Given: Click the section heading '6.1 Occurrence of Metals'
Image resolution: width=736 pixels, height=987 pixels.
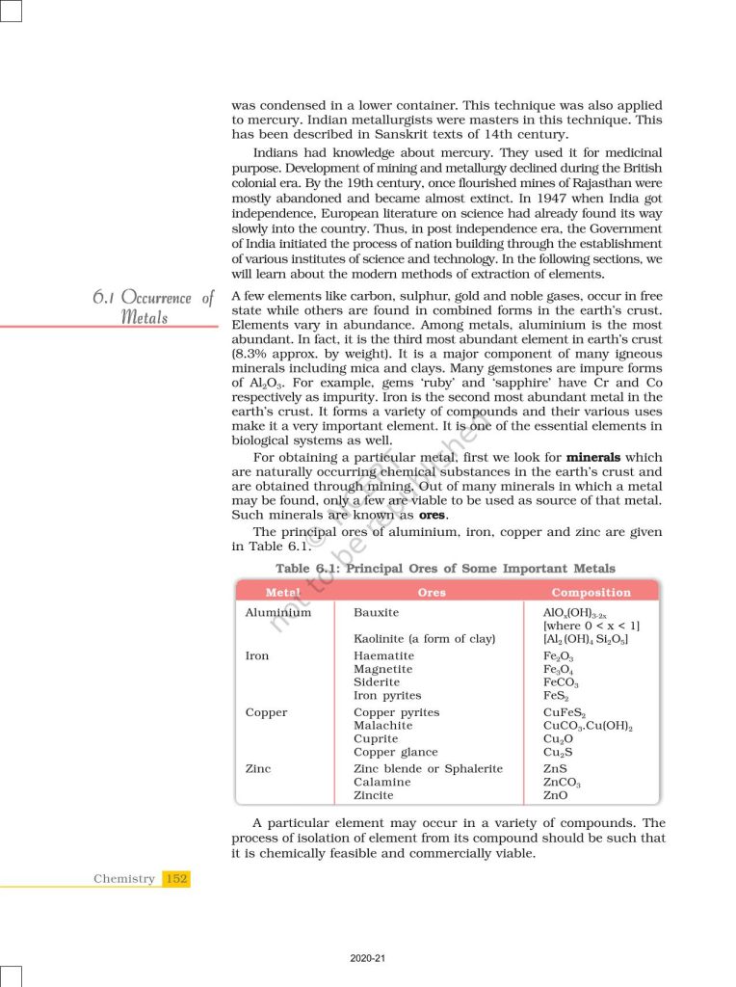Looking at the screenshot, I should [152, 307].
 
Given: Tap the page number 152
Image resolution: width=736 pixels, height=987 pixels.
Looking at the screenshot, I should [176, 878].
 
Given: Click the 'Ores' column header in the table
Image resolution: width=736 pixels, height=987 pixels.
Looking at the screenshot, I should [432, 592].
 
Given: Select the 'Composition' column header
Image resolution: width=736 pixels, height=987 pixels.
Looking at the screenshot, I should [591, 592].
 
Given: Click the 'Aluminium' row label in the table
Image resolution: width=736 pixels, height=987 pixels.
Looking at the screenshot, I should [278, 612].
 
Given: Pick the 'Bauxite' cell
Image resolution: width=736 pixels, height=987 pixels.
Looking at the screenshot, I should [376, 612].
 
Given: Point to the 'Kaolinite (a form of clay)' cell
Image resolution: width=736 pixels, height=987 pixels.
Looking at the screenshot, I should [424, 638].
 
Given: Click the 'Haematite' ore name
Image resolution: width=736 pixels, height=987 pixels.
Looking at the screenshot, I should [383, 655].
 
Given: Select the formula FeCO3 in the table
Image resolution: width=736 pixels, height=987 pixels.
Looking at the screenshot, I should [561, 682].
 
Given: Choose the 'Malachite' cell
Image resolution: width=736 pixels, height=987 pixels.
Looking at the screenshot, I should [382, 726].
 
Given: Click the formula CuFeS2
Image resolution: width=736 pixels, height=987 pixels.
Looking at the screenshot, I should [565, 713].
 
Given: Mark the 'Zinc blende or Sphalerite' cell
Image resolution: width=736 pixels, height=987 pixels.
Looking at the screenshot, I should [428, 768].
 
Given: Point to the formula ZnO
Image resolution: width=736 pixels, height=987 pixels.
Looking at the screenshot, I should [555, 795].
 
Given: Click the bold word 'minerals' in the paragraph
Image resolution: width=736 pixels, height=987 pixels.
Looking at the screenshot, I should [600, 456].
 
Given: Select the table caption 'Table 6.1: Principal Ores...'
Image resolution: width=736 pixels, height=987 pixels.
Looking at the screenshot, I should [445, 568].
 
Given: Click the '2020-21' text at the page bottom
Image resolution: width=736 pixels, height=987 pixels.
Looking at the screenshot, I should [368, 958].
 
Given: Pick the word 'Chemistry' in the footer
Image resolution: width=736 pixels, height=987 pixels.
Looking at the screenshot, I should [124, 878].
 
